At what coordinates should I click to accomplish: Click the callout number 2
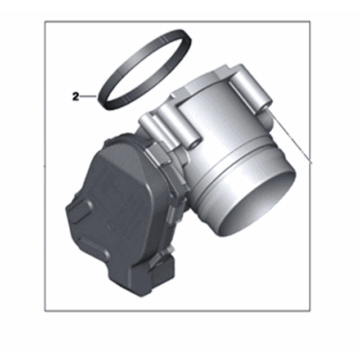(75, 96)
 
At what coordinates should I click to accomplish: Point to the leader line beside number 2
(88, 96)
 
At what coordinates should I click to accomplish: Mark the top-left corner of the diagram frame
(45, 21)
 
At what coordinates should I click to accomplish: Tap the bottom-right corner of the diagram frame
(310, 310)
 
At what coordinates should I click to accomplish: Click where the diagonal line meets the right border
(310, 163)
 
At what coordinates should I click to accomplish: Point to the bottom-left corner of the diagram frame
(45, 310)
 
